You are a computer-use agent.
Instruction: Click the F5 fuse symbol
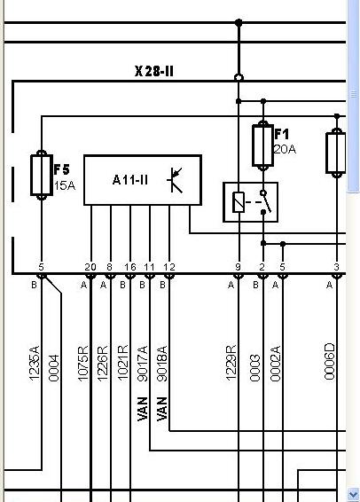[42, 175]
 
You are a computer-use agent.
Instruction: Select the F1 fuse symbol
[262, 146]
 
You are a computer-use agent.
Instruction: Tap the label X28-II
[154, 71]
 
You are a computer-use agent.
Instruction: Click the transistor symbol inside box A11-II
[175, 180]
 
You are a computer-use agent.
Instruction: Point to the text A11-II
[130, 180]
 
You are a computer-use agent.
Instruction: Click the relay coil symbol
[239, 202]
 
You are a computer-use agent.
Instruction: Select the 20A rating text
[285, 149]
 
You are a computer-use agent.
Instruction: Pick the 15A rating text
[65, 185]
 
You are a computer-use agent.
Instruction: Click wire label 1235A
[35, 363]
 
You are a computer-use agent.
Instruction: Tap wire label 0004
[54, 368]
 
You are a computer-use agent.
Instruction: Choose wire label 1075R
[82, 364]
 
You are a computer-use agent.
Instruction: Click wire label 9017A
[143, 364]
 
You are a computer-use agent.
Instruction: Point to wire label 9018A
[162, 364]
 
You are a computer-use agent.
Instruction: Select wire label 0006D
[330, 362]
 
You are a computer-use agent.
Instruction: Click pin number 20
[90, 267]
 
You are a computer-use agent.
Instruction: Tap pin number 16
[130, 267]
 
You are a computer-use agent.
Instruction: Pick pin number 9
[238, 267]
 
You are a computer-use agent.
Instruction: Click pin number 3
[336, 267]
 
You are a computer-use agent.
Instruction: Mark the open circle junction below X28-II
[239, 78]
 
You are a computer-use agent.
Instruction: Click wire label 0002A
[275, 364]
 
